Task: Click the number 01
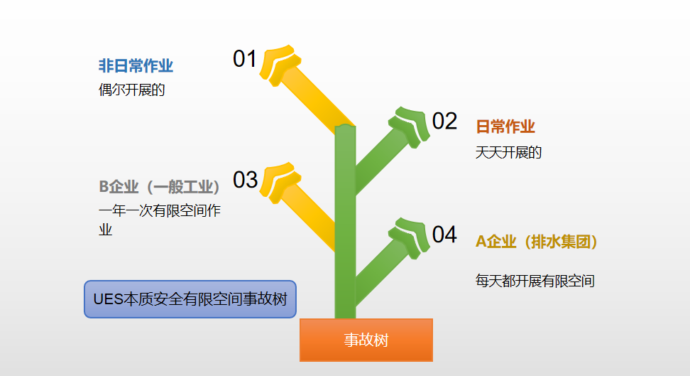coord(245,58)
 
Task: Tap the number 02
coord(444,122)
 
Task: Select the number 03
coord(245,180)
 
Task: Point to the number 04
coord(444,235)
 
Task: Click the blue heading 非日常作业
coord(136,65)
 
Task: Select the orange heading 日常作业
coord(505,127)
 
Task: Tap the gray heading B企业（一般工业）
coord(159,187)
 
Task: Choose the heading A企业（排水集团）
coord(537,242)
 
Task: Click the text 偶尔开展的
coord(131,90)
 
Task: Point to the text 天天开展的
coord(508,153)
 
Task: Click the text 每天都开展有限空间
coord(535,281)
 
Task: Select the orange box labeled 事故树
coord(366,340)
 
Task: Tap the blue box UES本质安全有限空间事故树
coord(190,299)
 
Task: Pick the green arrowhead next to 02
coord(411,126)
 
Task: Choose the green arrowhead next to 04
coord(411,237)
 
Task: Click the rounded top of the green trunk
coord(345,127)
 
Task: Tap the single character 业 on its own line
coord(106,230)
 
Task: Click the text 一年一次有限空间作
coord(160,210)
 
